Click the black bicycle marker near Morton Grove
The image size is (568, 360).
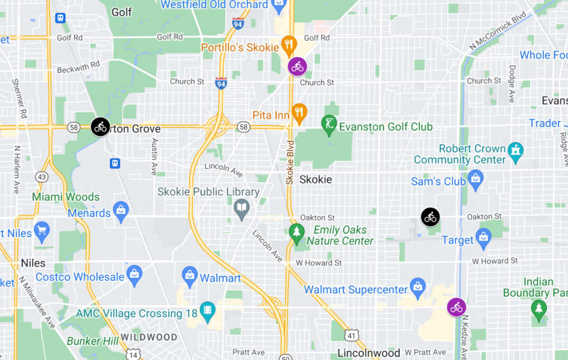[x=100, y=126]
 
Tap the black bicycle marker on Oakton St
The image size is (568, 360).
[x=430, y=217]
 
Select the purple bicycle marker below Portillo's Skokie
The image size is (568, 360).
[x=298, y=67]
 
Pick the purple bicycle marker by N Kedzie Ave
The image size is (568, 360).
[x=456, y=307]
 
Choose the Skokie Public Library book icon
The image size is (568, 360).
[x=242, y=208]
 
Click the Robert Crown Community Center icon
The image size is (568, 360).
[x=516, y=150]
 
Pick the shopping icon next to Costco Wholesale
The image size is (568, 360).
[x=134, y=274]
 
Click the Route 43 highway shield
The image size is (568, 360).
[x=41, y=176]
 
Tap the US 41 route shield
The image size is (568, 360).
[x=351, y=335]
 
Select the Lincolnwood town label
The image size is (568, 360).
[x=369, y=353]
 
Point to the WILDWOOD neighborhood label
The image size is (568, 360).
[x=149, y=337]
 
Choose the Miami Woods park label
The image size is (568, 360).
[x=66, y=197]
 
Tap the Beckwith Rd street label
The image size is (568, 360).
[x=78, y=64]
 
